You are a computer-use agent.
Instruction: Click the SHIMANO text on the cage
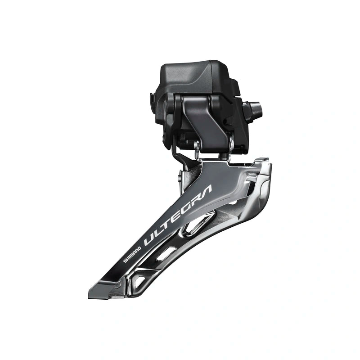133,255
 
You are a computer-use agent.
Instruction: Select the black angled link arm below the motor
202,121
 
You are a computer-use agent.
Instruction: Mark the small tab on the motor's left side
153,98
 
